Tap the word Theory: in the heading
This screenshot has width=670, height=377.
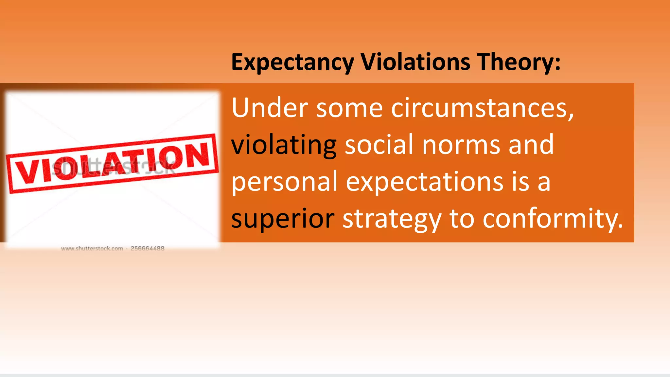[519, 62]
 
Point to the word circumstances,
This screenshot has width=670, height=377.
[483, 109]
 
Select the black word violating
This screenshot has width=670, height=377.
[284, 145]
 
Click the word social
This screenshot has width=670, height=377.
[379, 145]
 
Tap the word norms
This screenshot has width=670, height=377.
[461, 145]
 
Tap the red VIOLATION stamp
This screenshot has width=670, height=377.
[113, 163]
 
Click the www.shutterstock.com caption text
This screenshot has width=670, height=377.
[92, 248]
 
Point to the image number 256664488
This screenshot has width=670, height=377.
[148, 248]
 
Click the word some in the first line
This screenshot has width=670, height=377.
[349, 109]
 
